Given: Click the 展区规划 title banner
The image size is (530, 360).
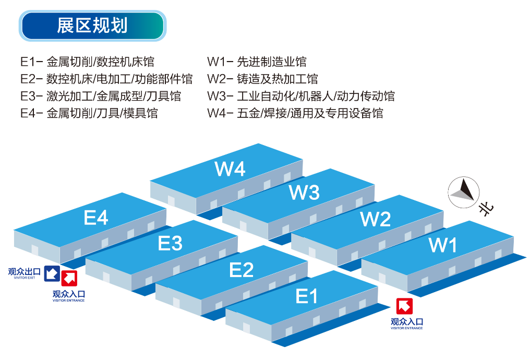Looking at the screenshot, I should [92, 26].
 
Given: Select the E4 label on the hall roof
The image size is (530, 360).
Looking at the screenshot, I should [96, 218].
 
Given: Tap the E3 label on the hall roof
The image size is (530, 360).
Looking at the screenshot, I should [170, 243].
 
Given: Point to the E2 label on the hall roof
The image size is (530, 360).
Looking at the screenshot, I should [242, 270].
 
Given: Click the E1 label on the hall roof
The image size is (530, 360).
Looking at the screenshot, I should [307, 296].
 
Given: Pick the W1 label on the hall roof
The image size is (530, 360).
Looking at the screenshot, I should [443, 245].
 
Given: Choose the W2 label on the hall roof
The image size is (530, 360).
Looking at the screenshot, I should [376, 219].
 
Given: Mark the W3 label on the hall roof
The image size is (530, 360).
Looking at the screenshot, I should [304, 193].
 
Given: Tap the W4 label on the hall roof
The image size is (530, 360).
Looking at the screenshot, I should [230, 169].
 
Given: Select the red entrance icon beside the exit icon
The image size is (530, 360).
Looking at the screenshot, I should [69, 279].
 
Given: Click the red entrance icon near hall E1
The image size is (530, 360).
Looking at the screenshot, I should [404, 306].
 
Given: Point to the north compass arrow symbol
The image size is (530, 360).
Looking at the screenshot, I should [464, 190].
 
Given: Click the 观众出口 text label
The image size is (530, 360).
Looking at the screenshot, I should [24, 271].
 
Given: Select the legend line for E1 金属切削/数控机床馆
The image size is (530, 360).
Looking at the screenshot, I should [88, 62].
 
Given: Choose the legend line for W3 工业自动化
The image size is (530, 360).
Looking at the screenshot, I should [300, 96].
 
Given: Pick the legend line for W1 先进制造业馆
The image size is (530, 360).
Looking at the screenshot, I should [257, 62].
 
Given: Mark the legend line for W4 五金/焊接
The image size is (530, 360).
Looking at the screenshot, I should [295, 113].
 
